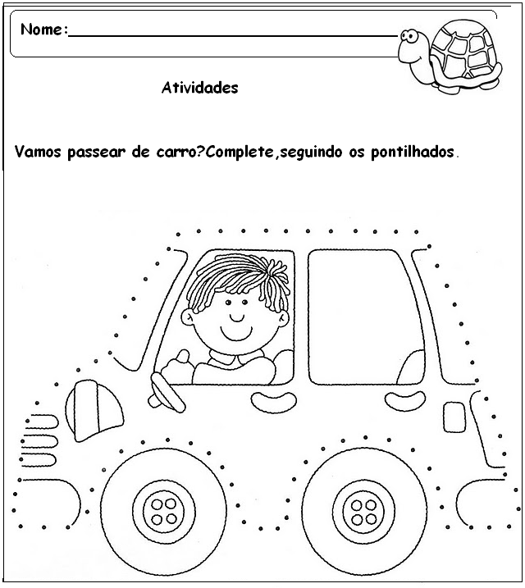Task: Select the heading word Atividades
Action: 200,88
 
